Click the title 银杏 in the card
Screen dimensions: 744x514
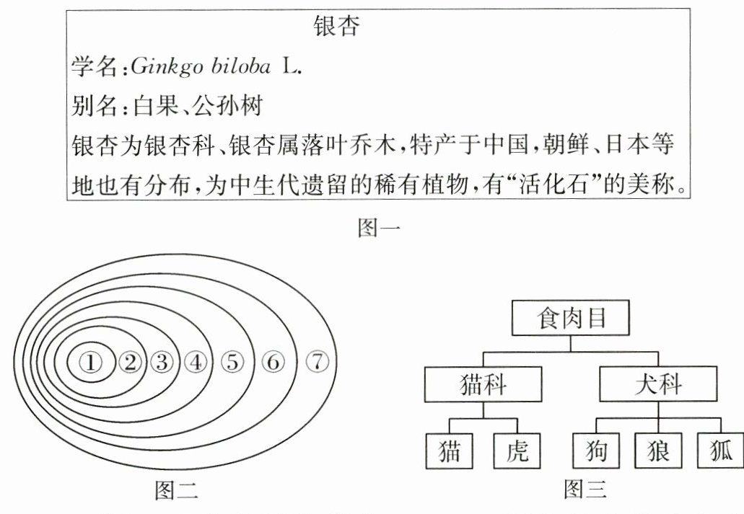(337, 27)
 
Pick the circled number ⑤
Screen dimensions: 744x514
(232, 363)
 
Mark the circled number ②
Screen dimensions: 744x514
(130, 363)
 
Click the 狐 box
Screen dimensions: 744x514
(719, 451)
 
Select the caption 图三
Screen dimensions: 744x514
(585, 492)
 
